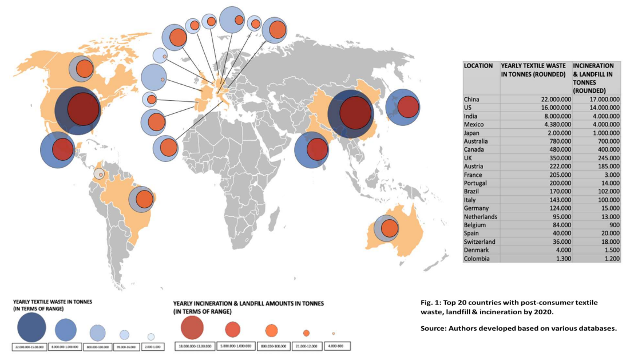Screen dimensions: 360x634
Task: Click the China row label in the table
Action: coord(472,100)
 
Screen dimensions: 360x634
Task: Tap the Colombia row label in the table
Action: coord(477,259)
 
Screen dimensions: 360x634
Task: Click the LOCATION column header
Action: coord(478,65)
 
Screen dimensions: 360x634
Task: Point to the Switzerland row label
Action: coord(481,242)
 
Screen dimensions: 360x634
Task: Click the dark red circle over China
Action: coord(356,113)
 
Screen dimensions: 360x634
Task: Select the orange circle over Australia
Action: coord(390,228)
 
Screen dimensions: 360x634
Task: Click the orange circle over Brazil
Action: coord(144,199)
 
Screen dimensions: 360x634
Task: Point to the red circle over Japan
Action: coord(409,107)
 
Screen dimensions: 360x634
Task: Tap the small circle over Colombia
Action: coord(100,174)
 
